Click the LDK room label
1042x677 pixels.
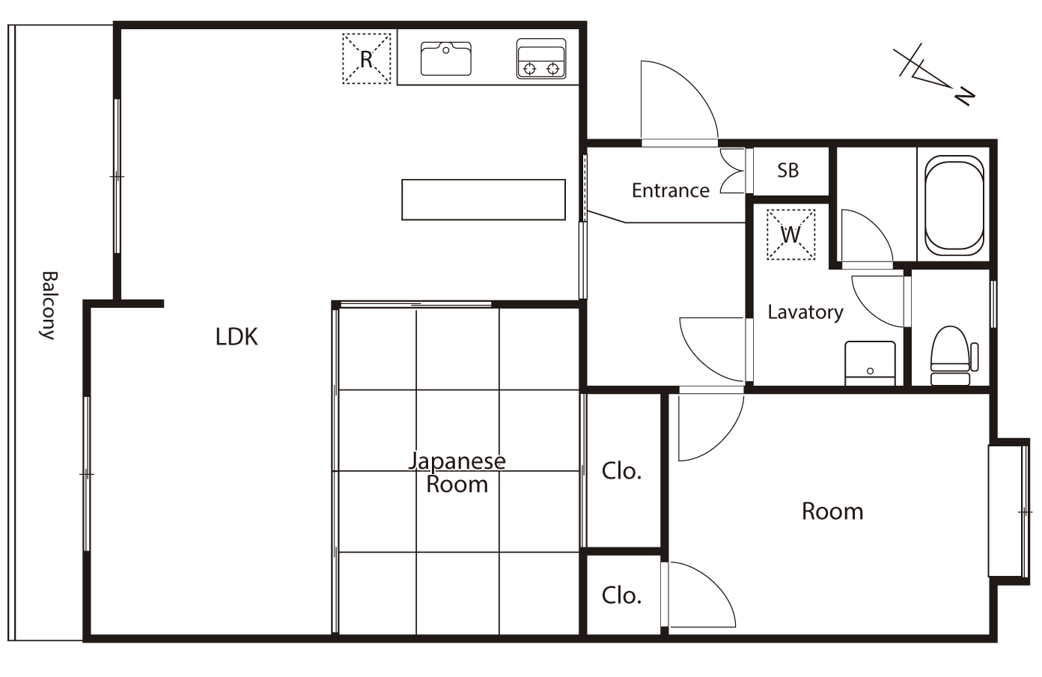(237, 336)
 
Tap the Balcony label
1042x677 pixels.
(49, 306)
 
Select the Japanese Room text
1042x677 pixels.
(457, 473)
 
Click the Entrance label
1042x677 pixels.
(670, 190)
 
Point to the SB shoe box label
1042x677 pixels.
(788, 170)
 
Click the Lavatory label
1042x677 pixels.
(805, 312)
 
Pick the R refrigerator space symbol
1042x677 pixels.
(367, 59)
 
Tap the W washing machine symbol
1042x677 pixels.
(790, 234)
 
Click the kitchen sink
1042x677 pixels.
(445, 58)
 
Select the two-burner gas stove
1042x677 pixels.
(541, 58)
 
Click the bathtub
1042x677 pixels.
(954, 205)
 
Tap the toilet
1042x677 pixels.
(954, 356)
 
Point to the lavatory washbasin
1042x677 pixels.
(870, 363)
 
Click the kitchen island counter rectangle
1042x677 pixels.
(484, 200)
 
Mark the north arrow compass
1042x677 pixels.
(933, 75)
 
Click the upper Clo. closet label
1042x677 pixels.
(621, 471)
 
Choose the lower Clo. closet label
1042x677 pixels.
(621, 595)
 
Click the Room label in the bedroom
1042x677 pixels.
(832, 511)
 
